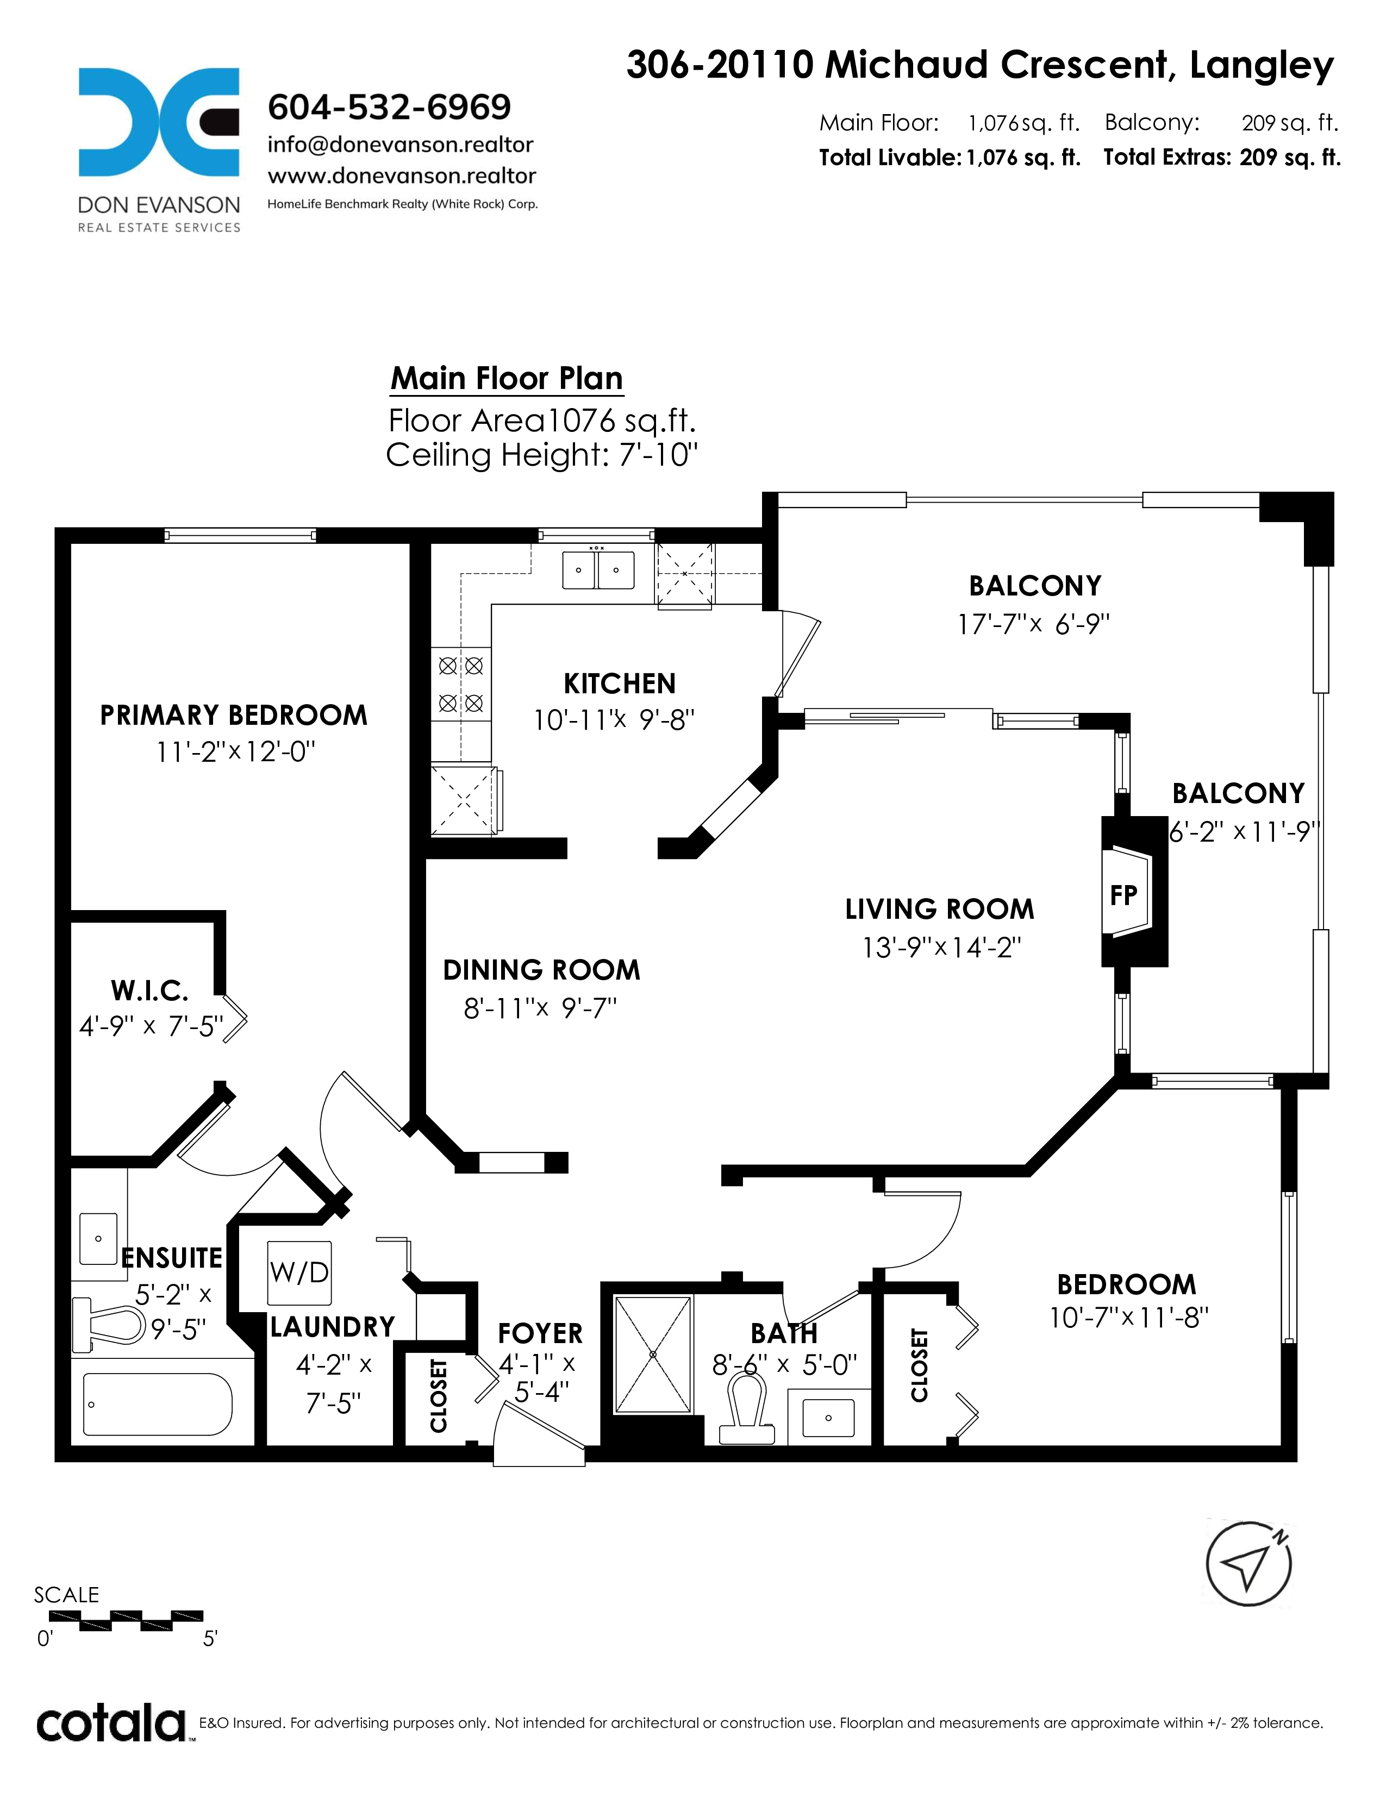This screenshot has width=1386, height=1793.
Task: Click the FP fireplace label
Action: click(1123, 895)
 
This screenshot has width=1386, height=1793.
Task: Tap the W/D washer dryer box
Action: click(299, 1272)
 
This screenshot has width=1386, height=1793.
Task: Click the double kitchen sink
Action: click(598, 570)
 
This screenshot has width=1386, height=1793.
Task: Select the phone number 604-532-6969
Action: click(389, 106)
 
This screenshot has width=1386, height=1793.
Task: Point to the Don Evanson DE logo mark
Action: click(159, 122)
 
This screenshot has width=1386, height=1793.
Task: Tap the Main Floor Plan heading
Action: click(507, 379)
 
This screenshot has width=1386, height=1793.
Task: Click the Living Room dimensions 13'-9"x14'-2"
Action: click(941, 948)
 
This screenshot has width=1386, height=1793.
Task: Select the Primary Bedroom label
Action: click(233, 715)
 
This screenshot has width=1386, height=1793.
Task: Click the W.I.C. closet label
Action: click(149, 991)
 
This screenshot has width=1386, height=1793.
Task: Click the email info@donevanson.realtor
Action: click(401, 145)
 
